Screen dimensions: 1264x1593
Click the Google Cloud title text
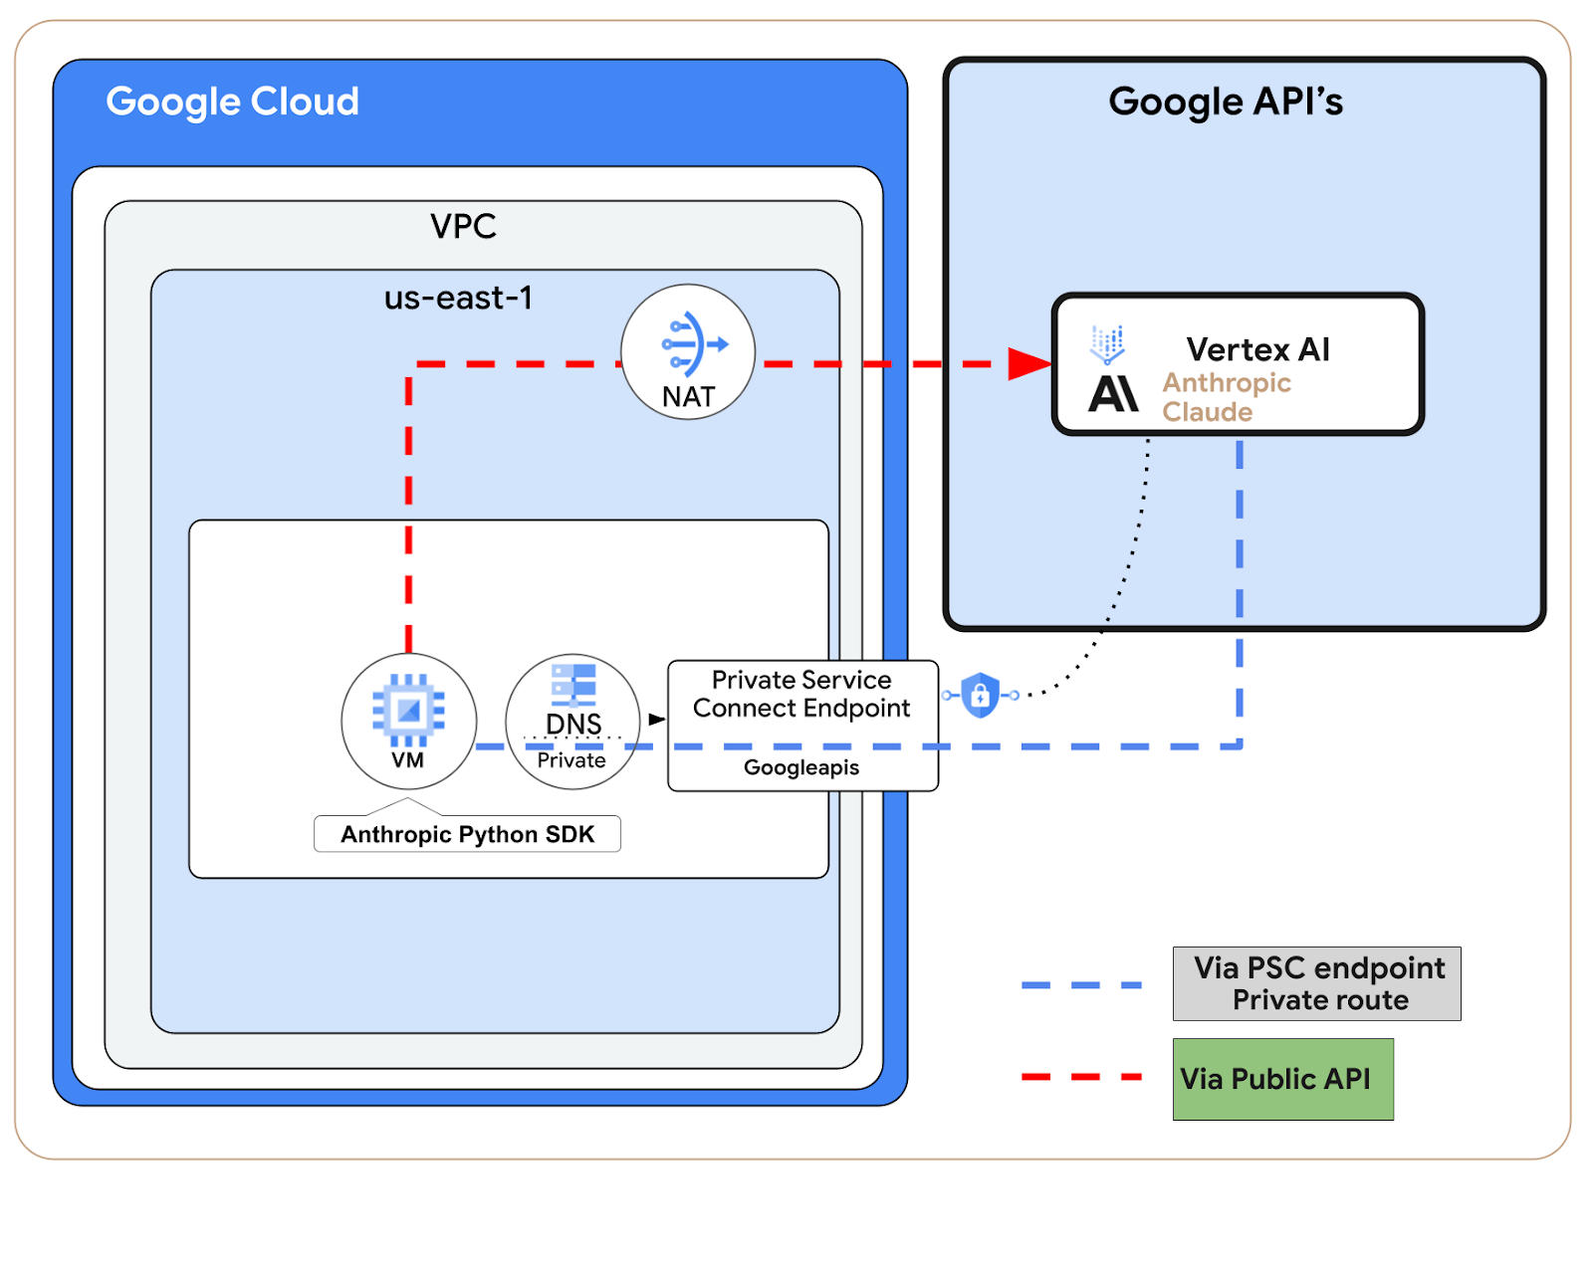click(x=232, y=102)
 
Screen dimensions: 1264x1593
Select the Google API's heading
click(x=1225, y=102)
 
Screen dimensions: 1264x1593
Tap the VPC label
click(x=463, y=226)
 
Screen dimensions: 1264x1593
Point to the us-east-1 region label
click(x=458, y=298)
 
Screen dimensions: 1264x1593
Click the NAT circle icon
click(x=688, y=352)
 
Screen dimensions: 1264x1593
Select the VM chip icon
click(x=408, y=711)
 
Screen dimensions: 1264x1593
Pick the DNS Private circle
click(x=572, y=722)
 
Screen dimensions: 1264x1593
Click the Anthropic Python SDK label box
click(x=467, y=834)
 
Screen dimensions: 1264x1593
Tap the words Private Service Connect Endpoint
click(x=801, y=694)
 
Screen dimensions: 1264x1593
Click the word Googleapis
click(x=801, y=767)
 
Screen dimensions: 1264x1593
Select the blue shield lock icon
click(x=981, y=695)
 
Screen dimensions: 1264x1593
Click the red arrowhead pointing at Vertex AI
click(x=1027, y=363)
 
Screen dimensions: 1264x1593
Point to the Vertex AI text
click(x=1257, y=349)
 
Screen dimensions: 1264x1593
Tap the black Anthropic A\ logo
click(x=1113, y=394)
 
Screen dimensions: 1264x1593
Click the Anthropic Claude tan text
click(x=1226, y=397)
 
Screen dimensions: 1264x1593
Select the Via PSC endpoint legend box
click(x=1316, y=983)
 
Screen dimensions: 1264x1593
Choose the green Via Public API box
click(x=1282, y=1079)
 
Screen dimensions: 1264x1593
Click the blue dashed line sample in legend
click(x=1081, y=985)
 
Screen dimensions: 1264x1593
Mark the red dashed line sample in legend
click(x=1081, y=1077)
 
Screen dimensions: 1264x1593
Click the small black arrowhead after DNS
click(x=656, y=719)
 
